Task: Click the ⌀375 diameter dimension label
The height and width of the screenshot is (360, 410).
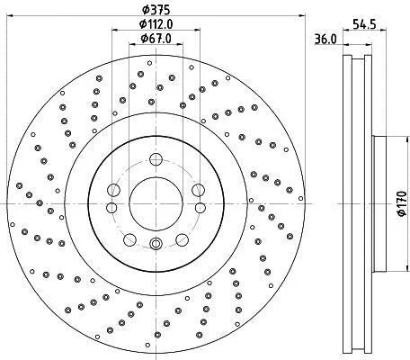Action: [x=156, y=10]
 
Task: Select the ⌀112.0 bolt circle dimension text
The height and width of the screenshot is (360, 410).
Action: [x=156, y=24]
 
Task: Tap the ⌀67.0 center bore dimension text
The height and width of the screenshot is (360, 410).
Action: [x=156, y=39]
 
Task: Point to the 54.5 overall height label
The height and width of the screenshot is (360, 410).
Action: [x=364, y=24]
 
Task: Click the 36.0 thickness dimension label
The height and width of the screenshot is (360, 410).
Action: [x=325, y=39]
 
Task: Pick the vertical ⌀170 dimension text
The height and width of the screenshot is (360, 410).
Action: [x=401, y=203]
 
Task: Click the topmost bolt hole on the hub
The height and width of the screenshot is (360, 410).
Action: [x=156, y=159]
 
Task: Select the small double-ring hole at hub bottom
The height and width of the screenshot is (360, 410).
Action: [x=156, y=243]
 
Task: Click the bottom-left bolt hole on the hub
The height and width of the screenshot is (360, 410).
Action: [x=129, y=239]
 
